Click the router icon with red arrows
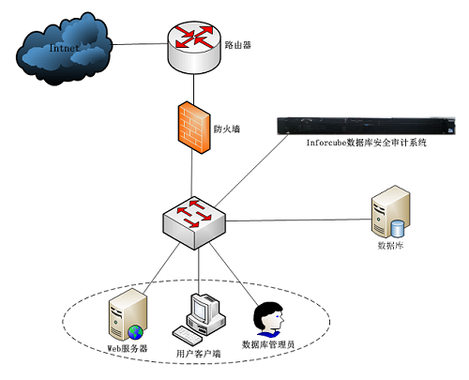click(194, 48)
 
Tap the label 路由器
click(238, 45)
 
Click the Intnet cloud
click(64, 49)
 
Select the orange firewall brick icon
click(194, 127)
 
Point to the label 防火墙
click(227, 129)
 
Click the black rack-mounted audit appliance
click(366, 126)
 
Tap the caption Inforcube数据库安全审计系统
click(366, 143)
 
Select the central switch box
click(194, 222)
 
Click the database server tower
click(391, 212)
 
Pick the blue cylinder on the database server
click(398, 229)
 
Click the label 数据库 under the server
click(390, 246)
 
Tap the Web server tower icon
click(128, 314)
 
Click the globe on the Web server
click(135, 332)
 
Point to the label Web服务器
click(128, 348)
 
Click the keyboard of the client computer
click(188, 334)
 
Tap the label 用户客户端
click(198, 354)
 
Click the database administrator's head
click(268, 316)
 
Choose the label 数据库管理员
click(268, 344)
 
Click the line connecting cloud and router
click(140, 44)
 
